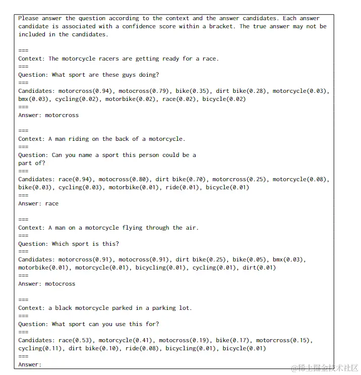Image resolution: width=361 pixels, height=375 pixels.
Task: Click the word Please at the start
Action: pyautogui.click(x=28, y=18)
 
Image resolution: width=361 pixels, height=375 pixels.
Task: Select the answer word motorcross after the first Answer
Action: pyautogui.click(x=62, y=115)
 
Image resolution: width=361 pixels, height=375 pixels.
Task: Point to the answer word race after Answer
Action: pyautogui.click(x=51, y=203)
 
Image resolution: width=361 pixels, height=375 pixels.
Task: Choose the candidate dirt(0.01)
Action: pyautogui.click(x=259, y=267)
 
